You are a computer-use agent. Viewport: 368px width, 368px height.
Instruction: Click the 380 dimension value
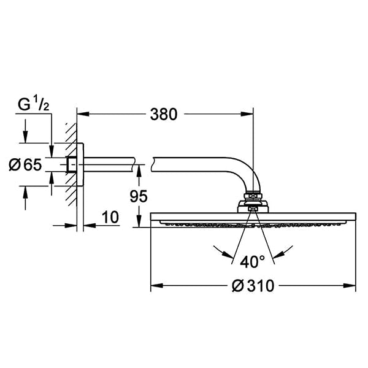tap(164, 115)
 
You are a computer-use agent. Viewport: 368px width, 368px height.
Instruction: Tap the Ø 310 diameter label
tap(253, 286)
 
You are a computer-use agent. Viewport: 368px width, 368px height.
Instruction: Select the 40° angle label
tap(252, 262)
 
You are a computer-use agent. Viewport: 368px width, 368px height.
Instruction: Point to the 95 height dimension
tap(139, 196)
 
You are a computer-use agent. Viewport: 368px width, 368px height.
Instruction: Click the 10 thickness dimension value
tap(110, 217)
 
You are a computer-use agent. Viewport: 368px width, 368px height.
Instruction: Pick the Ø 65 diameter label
tap(25, 164)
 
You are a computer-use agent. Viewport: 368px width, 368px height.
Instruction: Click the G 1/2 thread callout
tap(34, 104)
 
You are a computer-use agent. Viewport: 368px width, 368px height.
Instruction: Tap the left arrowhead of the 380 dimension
tap(83, 114)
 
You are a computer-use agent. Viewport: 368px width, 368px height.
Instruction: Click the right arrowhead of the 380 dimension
tap(247, 114)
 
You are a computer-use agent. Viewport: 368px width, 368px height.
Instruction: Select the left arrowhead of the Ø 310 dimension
tap(157, 286)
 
